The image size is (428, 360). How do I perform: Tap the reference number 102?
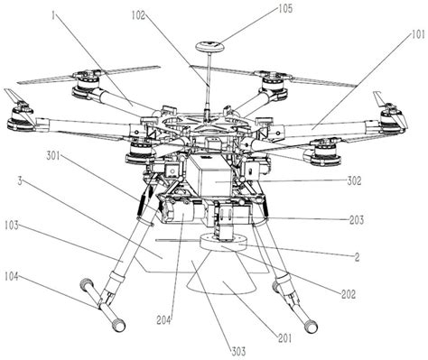click(140, 15)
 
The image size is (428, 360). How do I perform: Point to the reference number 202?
click(348, 293)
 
